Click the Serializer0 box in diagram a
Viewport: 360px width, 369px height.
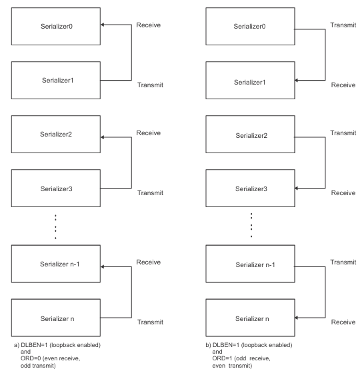pyautogui.click(x=56, y=27)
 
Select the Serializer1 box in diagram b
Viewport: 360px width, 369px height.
pyautogui.click(x=250, y=80)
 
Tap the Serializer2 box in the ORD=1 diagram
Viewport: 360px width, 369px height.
pyautogui.click(x=250, y=134)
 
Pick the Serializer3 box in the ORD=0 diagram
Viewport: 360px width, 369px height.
pyautogui.click(x=56, y=188)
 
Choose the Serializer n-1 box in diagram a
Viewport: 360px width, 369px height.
pyautogui.click(x=56, y=264)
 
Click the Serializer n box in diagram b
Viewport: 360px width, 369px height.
pyautogui.click(x=250, y=318)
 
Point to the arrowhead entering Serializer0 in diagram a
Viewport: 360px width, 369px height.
pyautogui.click(x=103, y=25)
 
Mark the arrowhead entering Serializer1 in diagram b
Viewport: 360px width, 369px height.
pyautogui.click(x=297, y=80)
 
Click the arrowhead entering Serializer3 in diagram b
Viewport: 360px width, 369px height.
pyautogui.click(x=297, y=188)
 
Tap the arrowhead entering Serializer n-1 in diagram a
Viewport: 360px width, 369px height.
pyautogui.click(x=103, y=266)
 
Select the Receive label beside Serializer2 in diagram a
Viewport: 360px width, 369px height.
pyautogui.click(x=149, y=133)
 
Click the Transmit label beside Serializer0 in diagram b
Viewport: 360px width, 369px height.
pyautogui.click(x=343, y=25)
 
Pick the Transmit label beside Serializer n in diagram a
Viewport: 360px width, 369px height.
pyautogui.click(x=150, y=322)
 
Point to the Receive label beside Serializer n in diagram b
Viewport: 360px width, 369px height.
pyautogui.click(x=343, y=322)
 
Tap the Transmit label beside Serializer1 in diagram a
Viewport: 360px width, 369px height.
pyautogui.click(x=150, y=85)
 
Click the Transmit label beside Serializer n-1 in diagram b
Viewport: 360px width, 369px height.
pyautogui.click(x=343, y=262)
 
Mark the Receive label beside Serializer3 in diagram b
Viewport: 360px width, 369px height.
pyautogui.click(x=343, y=192)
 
